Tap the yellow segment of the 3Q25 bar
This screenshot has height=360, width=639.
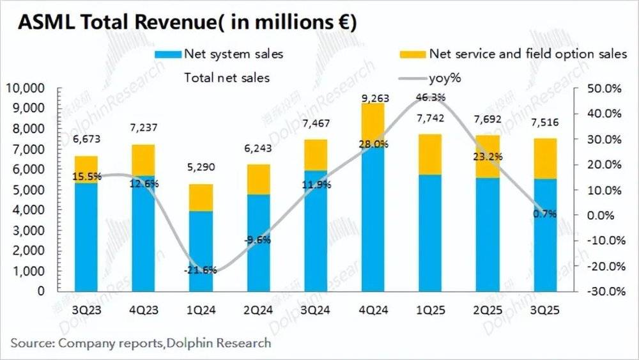pos(545,158)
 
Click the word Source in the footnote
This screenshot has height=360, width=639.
pos(31,343)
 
